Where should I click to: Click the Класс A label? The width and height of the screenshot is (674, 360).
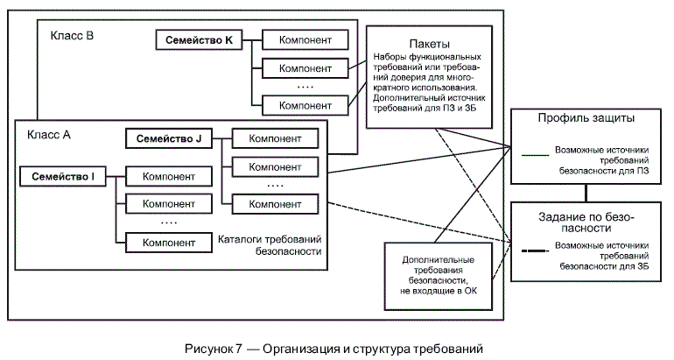point(49,134)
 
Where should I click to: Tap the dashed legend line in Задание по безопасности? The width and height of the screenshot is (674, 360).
point(534,253)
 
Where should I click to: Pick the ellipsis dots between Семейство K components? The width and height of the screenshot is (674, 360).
point(305,87)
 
